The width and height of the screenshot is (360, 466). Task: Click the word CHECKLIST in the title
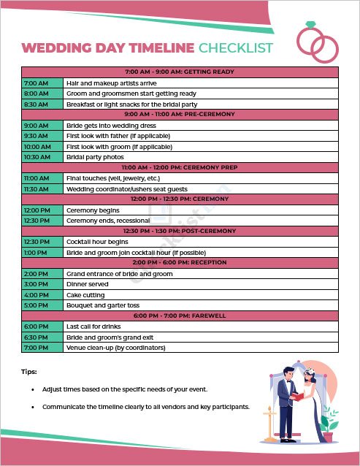click(x=235, y=49)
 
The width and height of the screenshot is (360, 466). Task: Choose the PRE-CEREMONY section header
click(x=180, y=115)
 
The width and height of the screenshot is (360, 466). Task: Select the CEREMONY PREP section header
click(x=180, y=167)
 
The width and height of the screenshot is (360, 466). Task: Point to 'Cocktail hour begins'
click(x=97, y=242)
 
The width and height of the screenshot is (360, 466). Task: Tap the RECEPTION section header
click(x=180, y=262)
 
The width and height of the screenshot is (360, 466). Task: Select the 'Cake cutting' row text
click(x=87, y=295)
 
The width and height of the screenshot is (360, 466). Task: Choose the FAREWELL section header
click(x=180, y=316)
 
